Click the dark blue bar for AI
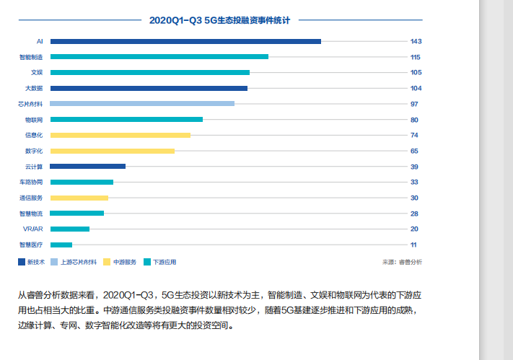pos(185,41)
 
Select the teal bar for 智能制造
pos(159,57)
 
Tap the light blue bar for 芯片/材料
pos(142,104)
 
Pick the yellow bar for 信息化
pos(120,135)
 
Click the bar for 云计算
pos(87,167)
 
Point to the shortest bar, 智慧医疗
pos(61,245)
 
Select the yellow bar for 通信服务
pos(79,198)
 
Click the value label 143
pos(415,41)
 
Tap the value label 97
pos(414,104)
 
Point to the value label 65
pos(414,151)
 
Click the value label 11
pos(413,245)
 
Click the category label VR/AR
pos(33,229)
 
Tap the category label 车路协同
pos(31,182)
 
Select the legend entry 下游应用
pos(159,262)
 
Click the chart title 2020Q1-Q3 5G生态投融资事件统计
pos(219,20)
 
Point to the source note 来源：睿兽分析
pos(402,262)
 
